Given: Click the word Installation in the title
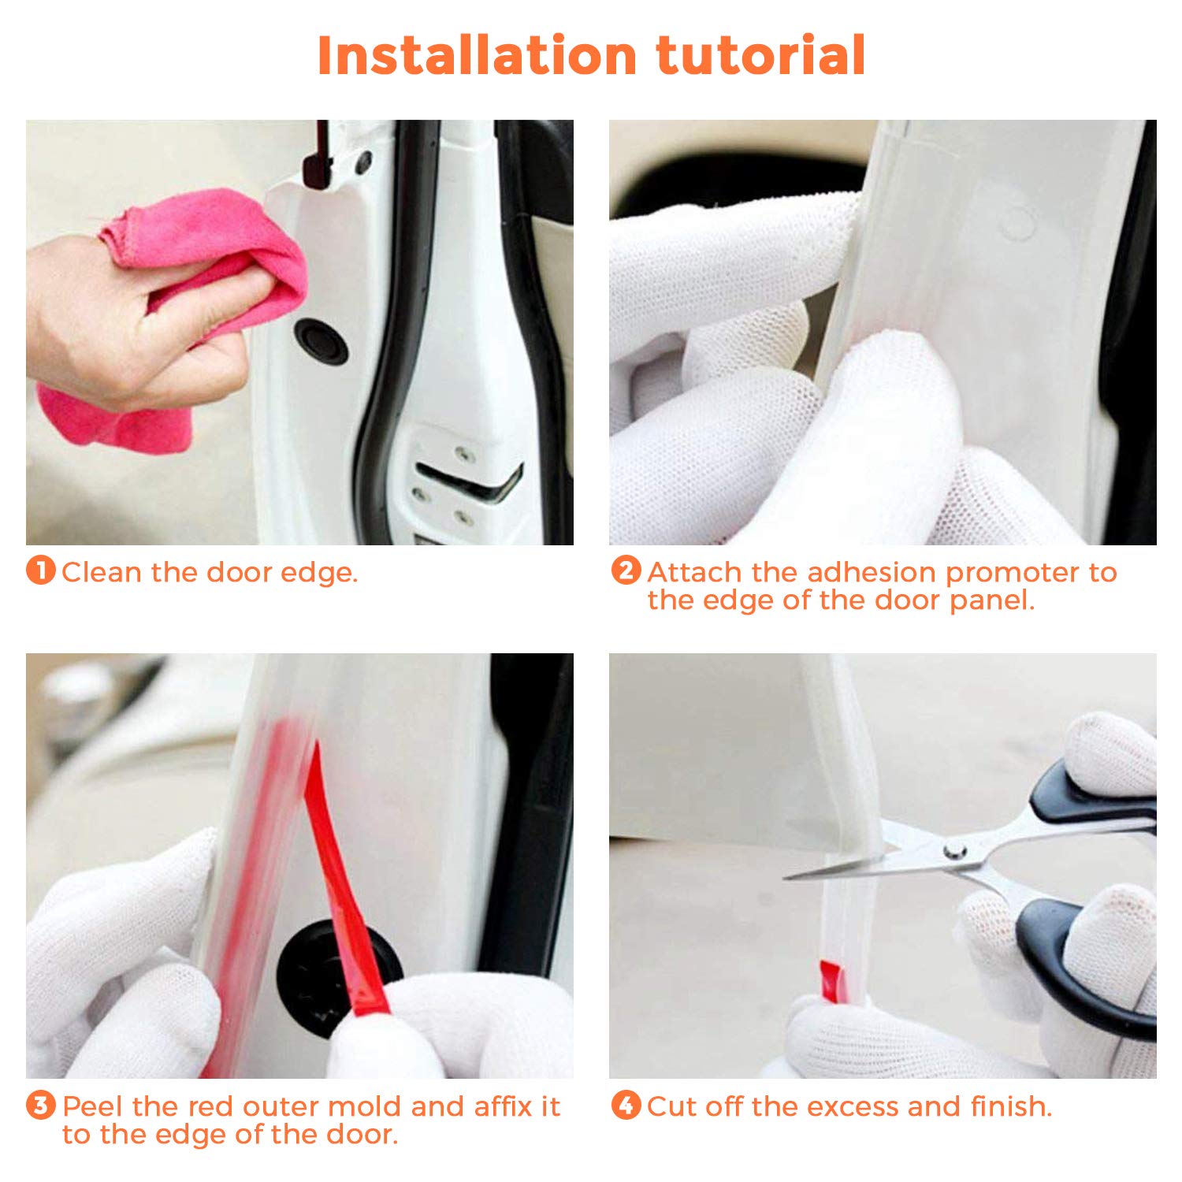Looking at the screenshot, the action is point(477,55).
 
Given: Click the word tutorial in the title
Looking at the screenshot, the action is point(761,55).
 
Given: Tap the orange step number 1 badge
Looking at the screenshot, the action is point(41,571).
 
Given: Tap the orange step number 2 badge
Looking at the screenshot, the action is point(626,571).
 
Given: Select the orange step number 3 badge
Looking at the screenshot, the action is point(41,1105).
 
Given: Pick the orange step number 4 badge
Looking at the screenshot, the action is point(626,1105).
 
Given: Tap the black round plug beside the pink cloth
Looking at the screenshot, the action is point(322,341).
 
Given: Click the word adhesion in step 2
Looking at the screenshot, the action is point(872,572).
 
